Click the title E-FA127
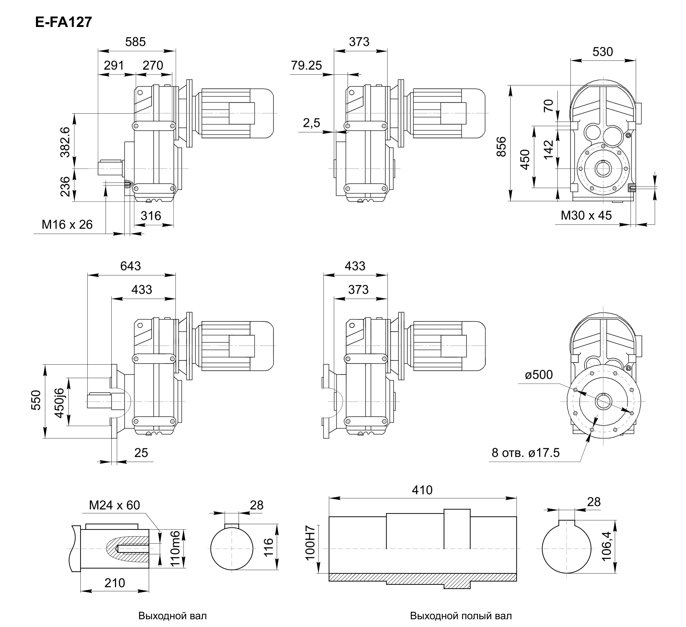(x=64, y=22)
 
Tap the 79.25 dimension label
(x=306, y=65)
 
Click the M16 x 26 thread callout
(x=67, y=225)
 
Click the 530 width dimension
(x=603, y=52)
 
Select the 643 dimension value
(x=130, y=266)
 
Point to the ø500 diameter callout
(x=539, y=375)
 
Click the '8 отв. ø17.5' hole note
(x=525, y=453)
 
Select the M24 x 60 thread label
(x=114, y=505)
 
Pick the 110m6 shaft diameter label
(x=175, y=549)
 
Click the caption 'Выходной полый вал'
(x=461, y=616)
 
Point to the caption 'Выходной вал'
(x=172, y=616)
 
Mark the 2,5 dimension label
(x=312, y=123)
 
